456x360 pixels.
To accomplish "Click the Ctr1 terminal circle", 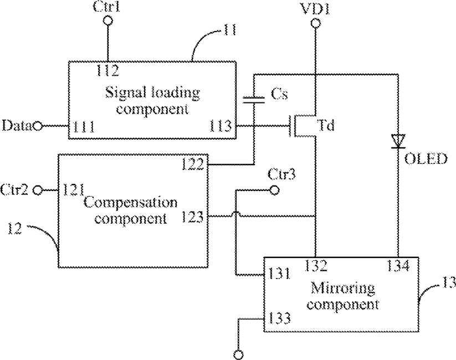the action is click(x=108, y=20).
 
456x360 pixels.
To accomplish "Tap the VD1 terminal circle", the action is click(x=315, y=23).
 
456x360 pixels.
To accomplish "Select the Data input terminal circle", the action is click(x=37, y=126).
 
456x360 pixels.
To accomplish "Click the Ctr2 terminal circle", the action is click(x=37, y=191).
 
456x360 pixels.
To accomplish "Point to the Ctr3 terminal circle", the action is click(x=274, y=191).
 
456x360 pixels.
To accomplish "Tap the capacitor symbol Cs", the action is click(x=254, y=100).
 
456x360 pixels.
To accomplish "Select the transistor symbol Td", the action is click(x=303, y=126).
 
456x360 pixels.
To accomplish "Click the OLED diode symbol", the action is click(x=398, y=141).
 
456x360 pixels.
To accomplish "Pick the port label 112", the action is click(x=107, y=70).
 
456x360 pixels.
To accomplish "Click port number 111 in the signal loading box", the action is click(x=84, y=127).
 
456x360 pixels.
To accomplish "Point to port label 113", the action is click(x=221, y=126).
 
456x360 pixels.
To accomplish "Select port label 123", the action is click(x=192, y=217).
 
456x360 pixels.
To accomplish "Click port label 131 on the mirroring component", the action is click(x=279, y=274).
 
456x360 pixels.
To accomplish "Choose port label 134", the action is click(x=398, y=265).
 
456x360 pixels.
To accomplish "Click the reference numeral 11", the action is click(x=229, y=30).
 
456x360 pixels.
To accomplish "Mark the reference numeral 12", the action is click(x=14, y=228).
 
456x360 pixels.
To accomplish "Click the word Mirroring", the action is click(x=342, y=288).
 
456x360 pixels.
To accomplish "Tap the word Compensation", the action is click(x=131, y=202).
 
